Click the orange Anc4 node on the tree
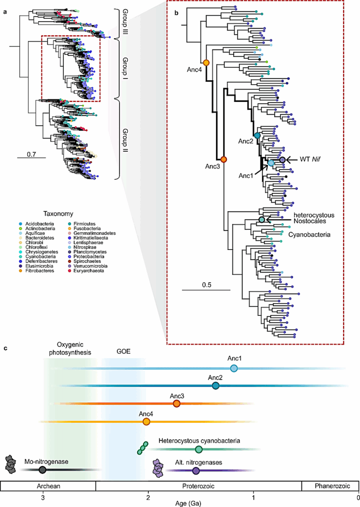[x=206, y=62]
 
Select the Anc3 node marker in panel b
[x=224, y=159]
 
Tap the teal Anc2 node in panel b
[x=257, y=135]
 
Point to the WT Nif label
[x=310, y=159]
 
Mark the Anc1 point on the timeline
[x=234, y=368]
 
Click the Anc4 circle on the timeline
[x=146, y=421]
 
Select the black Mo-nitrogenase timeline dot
[x=43, y=469]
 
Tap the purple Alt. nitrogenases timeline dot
[x=196, y=470]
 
